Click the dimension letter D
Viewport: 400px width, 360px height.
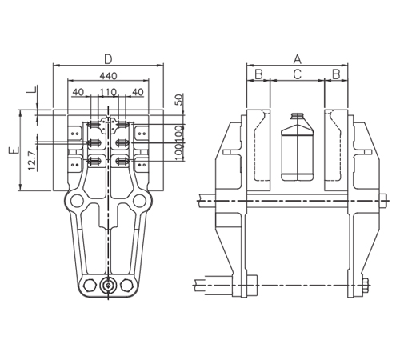[x=108, y=59]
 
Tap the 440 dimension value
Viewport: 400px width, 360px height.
[x=108, y=76]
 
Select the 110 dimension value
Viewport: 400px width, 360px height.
[x=108, y=92]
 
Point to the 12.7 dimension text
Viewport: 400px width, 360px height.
[x=31, y=161]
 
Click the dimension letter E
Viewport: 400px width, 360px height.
[x=14, y=150]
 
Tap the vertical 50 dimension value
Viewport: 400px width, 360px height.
[x=180, y=99]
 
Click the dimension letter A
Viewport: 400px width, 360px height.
[x=298, y=59]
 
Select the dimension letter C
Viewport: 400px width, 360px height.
[x=298, y=74]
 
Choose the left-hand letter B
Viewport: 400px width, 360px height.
[x=259, y=74]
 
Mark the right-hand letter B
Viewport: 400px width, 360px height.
[x=336, y=74]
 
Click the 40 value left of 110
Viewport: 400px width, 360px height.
[x=78, y=92]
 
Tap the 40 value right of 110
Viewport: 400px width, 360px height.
[x=138, y=92]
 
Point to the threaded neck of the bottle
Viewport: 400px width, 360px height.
[x=298, y=115]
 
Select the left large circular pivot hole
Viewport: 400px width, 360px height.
[x=77, y=201]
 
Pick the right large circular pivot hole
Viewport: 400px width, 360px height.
[x=139, y=201]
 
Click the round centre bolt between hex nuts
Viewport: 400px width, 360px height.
[x=108, y=286]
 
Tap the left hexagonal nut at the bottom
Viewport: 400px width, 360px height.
[x=90, y=286]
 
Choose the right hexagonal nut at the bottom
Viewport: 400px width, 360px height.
[x=126, y=286]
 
